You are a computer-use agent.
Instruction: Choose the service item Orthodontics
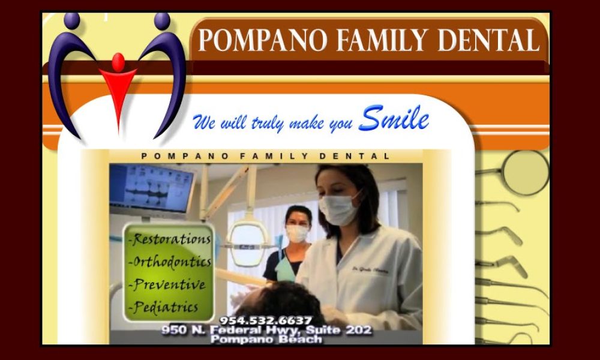coord(171,262)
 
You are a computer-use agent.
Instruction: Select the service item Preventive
coord(168,284)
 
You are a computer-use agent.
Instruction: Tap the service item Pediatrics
coord(165,307)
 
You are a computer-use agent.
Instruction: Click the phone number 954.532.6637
coord(266,320)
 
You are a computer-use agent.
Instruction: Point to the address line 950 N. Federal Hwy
coord(266,330)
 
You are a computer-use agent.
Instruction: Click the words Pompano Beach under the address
coord(266,340)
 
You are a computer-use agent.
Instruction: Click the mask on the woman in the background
coord(298,233)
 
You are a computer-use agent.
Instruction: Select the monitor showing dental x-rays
coord(152,189)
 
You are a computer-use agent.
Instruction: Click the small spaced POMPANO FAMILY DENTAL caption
coord(266,156)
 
